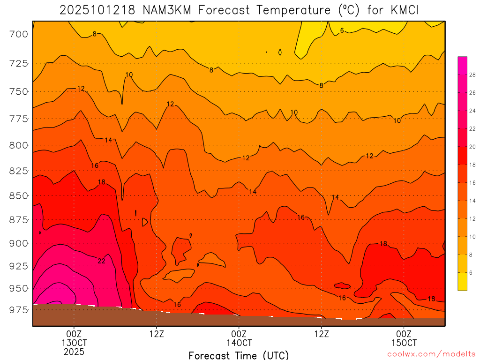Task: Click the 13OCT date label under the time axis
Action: [x=74, y=343]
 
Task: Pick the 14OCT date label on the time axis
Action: [x=239, y=343]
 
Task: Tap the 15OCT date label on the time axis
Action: [x=404, y=343]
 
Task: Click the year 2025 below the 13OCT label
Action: [x=74, y=352]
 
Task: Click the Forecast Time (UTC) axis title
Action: [x=239, y=355]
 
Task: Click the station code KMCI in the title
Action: [x=402, y=10]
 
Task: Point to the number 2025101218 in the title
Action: [x=95, y=10]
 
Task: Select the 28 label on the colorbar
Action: [x=472, y=75]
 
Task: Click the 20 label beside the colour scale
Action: [x=472, y=147]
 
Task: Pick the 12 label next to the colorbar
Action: [x=472, y=219]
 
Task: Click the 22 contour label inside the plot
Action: [x=101, y=261]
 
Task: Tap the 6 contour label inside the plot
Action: [x=342, y=30]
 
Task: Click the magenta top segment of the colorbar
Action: [x=462, y=61]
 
